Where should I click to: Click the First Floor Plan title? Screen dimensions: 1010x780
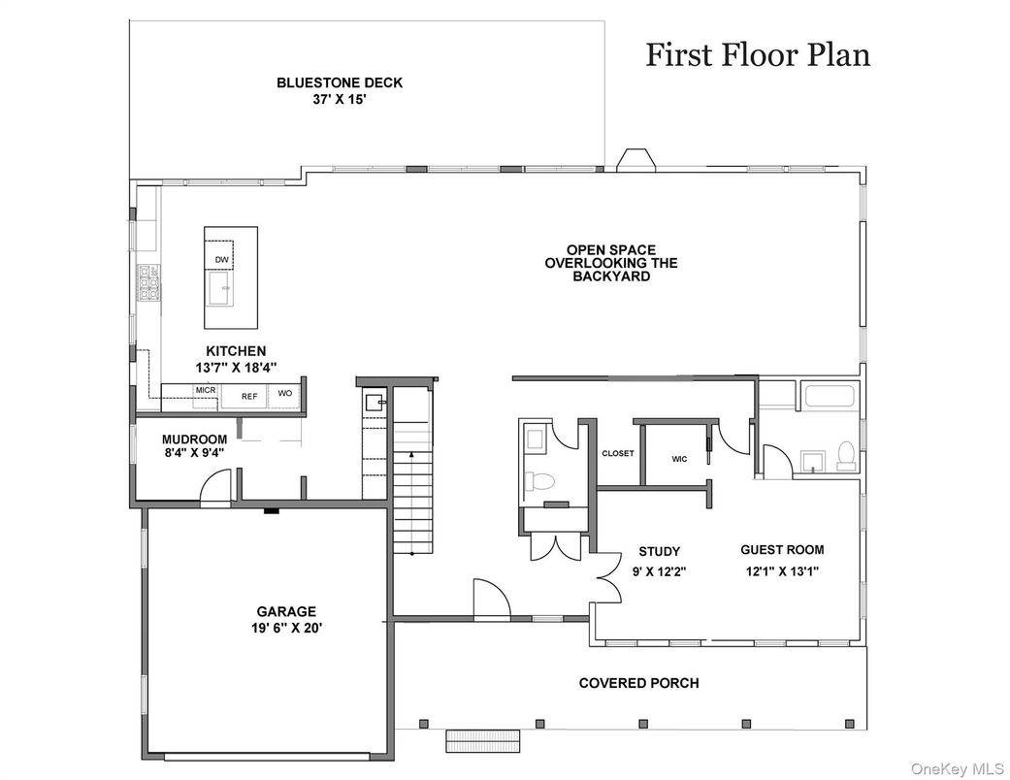(758, 54)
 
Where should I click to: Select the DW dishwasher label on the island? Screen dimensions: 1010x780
(221, 260)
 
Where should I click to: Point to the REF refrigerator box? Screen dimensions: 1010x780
(249, 396)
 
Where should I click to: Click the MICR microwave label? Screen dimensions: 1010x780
(206, 390)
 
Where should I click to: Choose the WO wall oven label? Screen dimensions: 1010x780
(284, 393)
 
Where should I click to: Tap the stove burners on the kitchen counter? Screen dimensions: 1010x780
(148, 282)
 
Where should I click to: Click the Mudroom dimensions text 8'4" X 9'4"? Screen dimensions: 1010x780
(194, 452)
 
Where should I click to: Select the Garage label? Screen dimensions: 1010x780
(286, 611)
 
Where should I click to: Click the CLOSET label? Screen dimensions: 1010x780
(618, 453)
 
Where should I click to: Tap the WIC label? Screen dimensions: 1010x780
(679, 459)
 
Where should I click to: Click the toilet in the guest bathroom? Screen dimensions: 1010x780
(844, 455)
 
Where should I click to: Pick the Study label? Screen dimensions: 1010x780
(660, 551)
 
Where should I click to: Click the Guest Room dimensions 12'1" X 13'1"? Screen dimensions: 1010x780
(782, 570)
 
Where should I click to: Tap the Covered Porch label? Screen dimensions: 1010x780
(639, 683)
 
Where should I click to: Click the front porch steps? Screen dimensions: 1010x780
(483, 741)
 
